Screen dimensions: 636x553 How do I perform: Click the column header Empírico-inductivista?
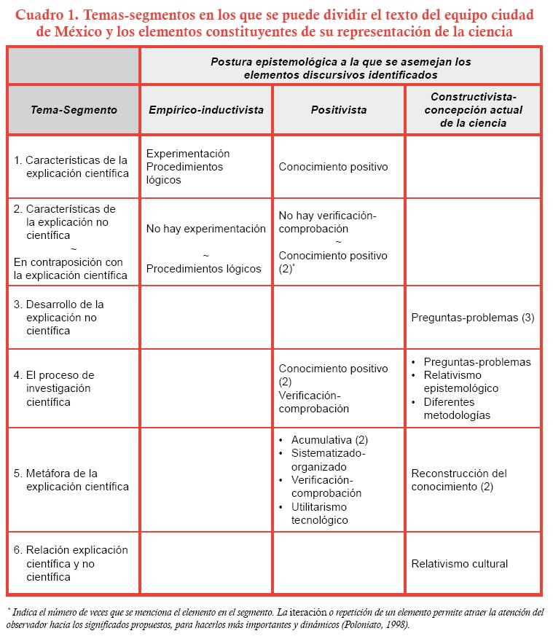(206, 110)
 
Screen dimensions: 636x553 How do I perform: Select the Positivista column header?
(339, 110)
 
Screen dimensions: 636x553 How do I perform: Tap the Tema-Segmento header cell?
(74, 110)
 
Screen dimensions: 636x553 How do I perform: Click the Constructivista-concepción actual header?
(473, 110)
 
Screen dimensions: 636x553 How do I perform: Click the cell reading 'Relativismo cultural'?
(459, 563)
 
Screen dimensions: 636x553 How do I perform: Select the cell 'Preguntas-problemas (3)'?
(473, 318)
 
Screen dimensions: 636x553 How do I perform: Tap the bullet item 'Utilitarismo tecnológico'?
(319, 514)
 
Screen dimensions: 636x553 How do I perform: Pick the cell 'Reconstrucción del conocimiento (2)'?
(459, 480)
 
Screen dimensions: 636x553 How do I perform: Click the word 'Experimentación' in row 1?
(188, 154)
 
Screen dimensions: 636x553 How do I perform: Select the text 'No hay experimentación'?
(206, 229)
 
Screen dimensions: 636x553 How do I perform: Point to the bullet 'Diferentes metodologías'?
(457, 408)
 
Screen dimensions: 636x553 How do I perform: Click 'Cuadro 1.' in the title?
(47, 15)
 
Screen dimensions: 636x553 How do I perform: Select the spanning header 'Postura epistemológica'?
(340, 68)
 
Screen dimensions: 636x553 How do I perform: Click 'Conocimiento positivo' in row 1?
(333, 167)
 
